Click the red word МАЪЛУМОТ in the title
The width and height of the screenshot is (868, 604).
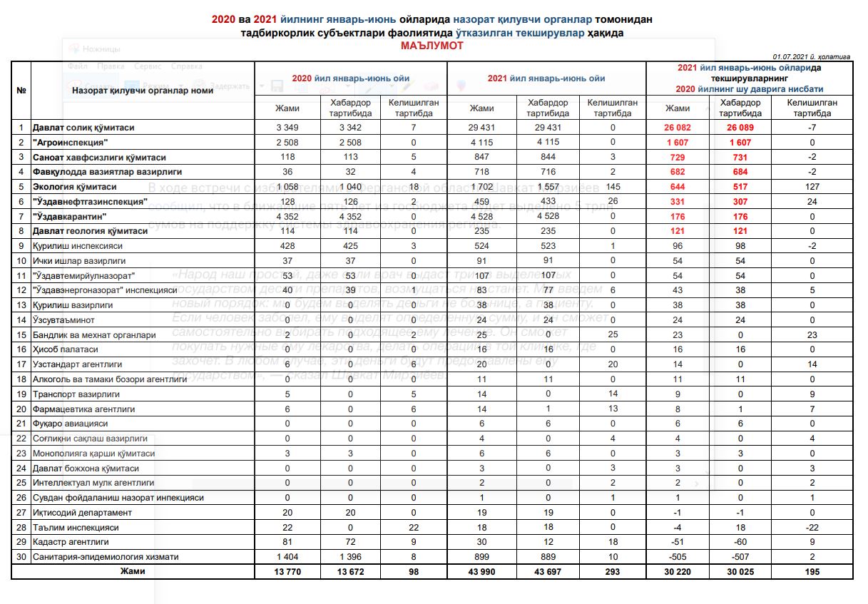tap(432, 45)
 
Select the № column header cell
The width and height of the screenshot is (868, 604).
tap(21, 91)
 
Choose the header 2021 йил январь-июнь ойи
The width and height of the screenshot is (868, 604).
tap(546, 78)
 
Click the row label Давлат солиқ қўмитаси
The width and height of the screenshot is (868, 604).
tap(83, 128)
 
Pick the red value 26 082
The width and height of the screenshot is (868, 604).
tap(678, 128)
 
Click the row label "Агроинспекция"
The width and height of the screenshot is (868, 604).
tap(67, 143)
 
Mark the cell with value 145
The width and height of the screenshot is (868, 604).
tap(611, 187)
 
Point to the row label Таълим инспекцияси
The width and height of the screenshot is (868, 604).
tap(75, 527)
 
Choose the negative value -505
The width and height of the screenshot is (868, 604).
tap(678, 557)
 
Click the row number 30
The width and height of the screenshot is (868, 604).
tap(21, 557)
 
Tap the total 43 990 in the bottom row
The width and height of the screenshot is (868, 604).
tap(481, 572)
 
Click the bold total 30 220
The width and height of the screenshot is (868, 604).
tap(678, 572)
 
